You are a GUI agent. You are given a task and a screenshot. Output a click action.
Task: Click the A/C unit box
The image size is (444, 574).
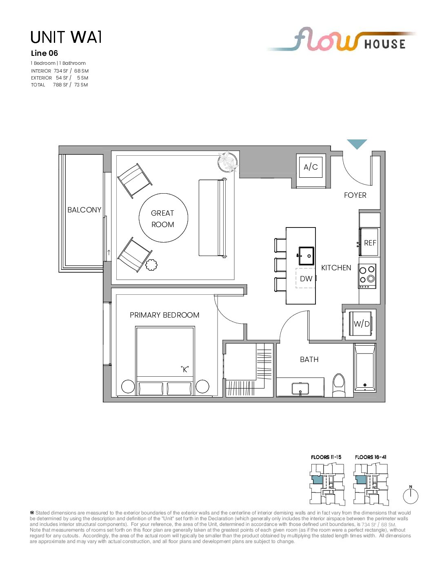click(x=311, y=167)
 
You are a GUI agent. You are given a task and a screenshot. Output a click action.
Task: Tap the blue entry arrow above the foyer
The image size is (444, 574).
click(x=357, y=143)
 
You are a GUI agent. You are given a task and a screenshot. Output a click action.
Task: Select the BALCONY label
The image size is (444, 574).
click(x=84, y=210)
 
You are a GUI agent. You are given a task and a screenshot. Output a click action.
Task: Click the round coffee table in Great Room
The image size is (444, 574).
click(x=163, y=218)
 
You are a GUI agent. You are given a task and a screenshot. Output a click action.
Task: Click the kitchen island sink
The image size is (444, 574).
click(x=306, y=256)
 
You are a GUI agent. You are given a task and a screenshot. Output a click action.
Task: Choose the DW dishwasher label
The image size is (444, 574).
click(x=306, y=278)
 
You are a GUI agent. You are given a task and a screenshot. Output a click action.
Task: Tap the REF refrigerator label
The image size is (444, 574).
click(x=370, y=243)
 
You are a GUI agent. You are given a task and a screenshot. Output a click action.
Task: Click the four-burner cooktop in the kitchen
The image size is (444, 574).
click(x=367, y=276)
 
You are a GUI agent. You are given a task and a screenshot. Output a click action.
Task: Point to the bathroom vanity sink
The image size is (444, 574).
click(x=300, y=389)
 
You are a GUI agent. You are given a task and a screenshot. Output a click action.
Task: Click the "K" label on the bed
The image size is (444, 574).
click(x=185, y=369)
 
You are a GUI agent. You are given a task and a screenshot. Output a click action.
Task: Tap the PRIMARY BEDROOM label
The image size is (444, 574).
click(x=164, y=315)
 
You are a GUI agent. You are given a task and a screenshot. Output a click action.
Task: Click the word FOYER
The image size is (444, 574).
click(x=355, y=195)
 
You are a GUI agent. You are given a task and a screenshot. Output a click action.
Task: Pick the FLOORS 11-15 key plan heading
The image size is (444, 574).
click(x=326, y=457)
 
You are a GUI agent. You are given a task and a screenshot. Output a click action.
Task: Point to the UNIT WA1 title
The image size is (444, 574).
click(x=66, y=37)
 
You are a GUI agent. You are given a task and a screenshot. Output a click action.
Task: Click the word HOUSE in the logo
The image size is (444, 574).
click(x=385, y=44)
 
